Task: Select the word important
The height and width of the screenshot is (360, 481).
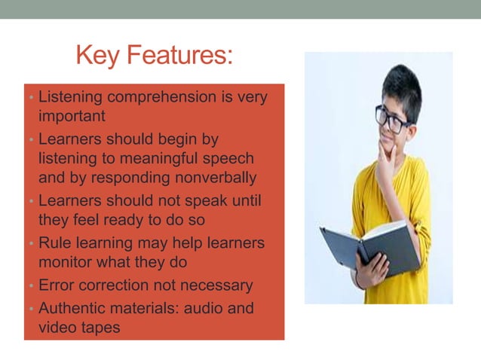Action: click(x=72, y=117)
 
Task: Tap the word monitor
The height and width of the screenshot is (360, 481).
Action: click(x=66, y=263)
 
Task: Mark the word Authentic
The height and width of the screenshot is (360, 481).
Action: click(x=73, y=309)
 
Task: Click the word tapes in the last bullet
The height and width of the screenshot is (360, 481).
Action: click(x=100, y=328)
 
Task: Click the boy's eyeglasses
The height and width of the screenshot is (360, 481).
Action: click(x=392, y=119)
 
